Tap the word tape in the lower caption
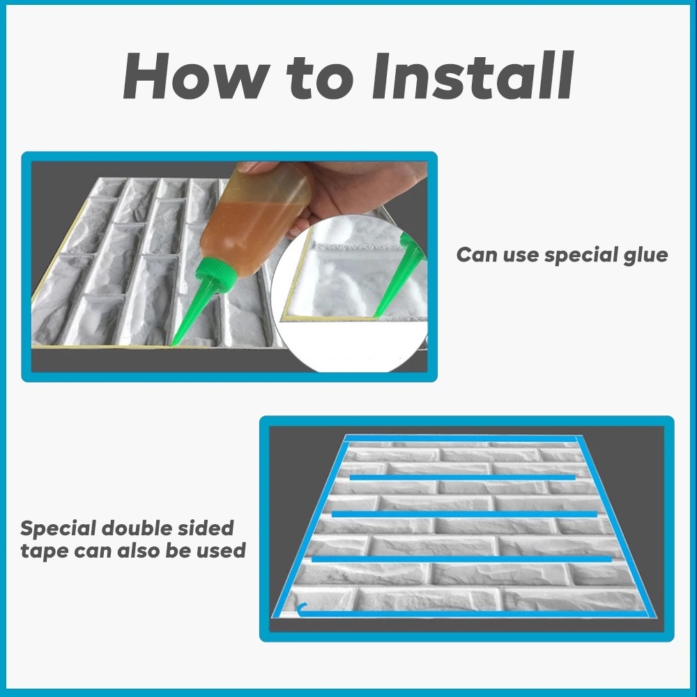coord(44,551)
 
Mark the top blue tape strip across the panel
coord(462,438)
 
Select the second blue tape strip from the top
coord(463,477)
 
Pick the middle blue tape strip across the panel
coord(464,514)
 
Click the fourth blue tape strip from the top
coord(462,559)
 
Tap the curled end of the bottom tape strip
coord(300,608)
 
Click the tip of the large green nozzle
coord(171,345)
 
